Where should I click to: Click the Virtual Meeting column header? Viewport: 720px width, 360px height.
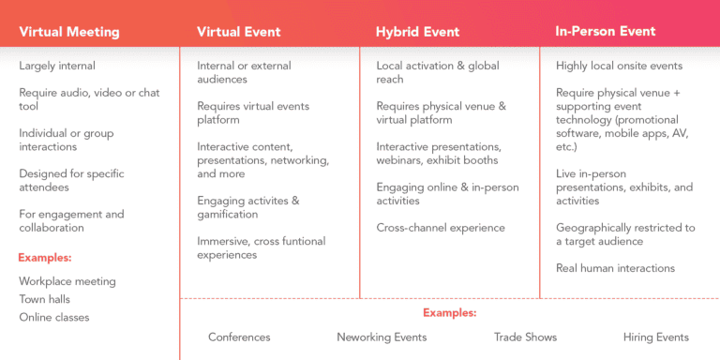click(x=69, y=32)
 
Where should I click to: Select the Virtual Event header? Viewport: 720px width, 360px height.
click(x=237, y=32)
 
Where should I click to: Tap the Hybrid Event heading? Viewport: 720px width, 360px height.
click(x=417, y=32)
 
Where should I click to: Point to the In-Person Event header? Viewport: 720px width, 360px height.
click(x=605, y=32)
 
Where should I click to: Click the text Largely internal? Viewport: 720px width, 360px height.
click(x=57, y=66)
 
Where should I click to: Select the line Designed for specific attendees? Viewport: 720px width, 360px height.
click(x=71, y=180)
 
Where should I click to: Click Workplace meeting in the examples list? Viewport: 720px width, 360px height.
click(x=67, y=281)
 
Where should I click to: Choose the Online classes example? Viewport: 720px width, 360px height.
click(x=54, y=317)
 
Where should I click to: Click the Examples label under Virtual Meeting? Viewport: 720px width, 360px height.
click(x=45, y=257)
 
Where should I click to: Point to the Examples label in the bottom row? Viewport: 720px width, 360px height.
click(x=449, y=313)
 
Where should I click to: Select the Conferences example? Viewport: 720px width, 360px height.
click(x=239, y=337)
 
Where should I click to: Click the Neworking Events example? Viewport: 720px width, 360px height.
click(x=382, y=337)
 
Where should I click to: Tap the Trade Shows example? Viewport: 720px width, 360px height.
click(x=525, y=337)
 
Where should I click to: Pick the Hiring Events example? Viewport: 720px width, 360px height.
click(x=655, y=337)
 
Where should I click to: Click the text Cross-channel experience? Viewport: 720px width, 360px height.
click(x=441, y=228)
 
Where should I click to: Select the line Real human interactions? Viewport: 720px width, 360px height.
click(x=615, y=268)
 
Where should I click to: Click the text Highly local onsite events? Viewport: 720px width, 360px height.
click(x=619, y=66)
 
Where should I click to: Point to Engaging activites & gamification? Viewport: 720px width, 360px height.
click(x=248, y=207)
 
